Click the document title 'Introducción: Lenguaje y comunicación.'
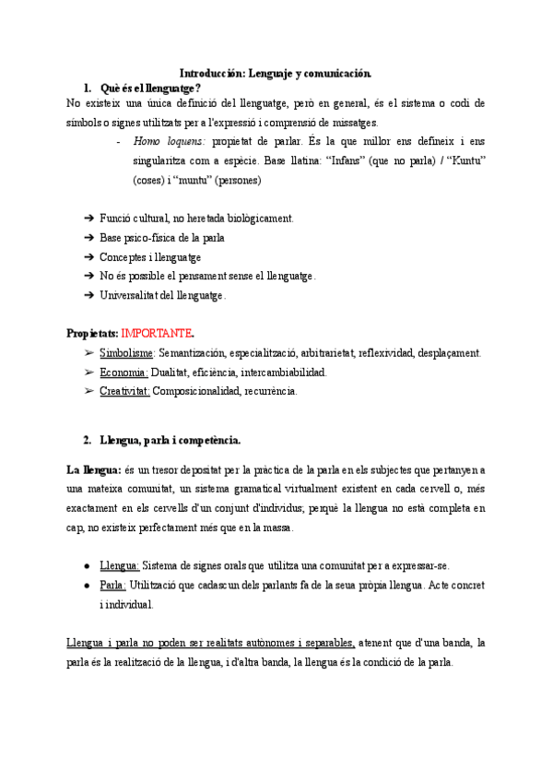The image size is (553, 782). pos(276,72)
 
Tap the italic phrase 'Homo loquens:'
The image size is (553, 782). pos(170,142)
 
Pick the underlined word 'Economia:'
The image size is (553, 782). pos(124,372)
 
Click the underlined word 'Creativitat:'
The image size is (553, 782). pos(124,391)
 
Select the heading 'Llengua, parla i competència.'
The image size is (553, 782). pos(171,441)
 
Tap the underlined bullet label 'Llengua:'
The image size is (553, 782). pos(120,565)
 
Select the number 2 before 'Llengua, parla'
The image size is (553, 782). pos(87,441)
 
